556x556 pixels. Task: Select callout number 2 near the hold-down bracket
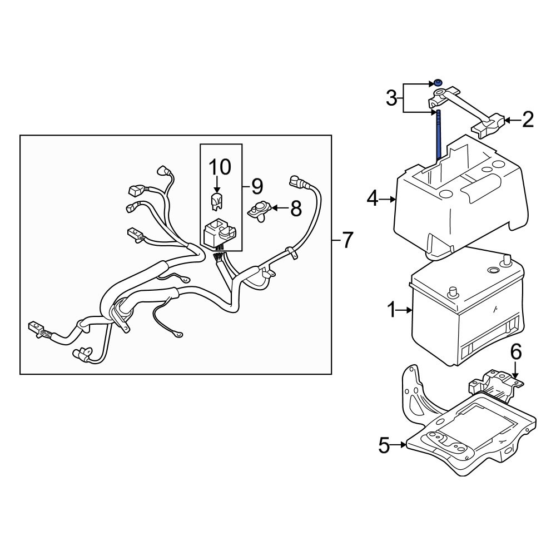pyautogui.click(x=527, y=119)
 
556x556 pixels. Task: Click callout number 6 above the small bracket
pyautogui.click(x=515, y=351)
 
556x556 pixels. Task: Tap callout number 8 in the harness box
pyautogui.click(x=295, y=209)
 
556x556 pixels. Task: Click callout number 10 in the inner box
pyautogui.click(x=219, y=166)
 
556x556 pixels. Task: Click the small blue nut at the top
pyautogui.click(x=438, y=83)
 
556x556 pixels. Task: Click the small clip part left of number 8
pyautogui.click(x=259, y=211)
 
